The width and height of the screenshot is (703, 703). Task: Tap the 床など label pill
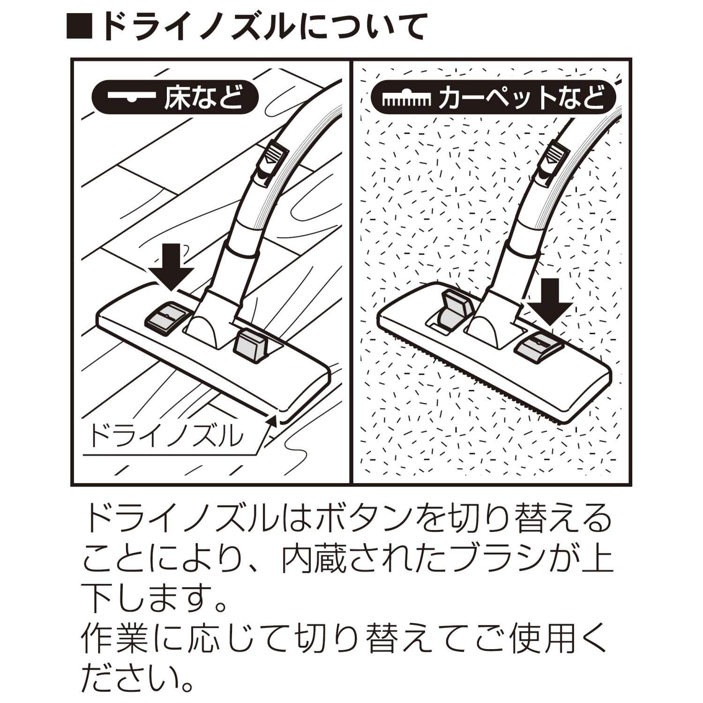pos(174,98)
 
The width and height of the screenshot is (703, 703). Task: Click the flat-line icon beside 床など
pos(131,98)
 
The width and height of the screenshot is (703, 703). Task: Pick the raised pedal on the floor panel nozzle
pos(251,347)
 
